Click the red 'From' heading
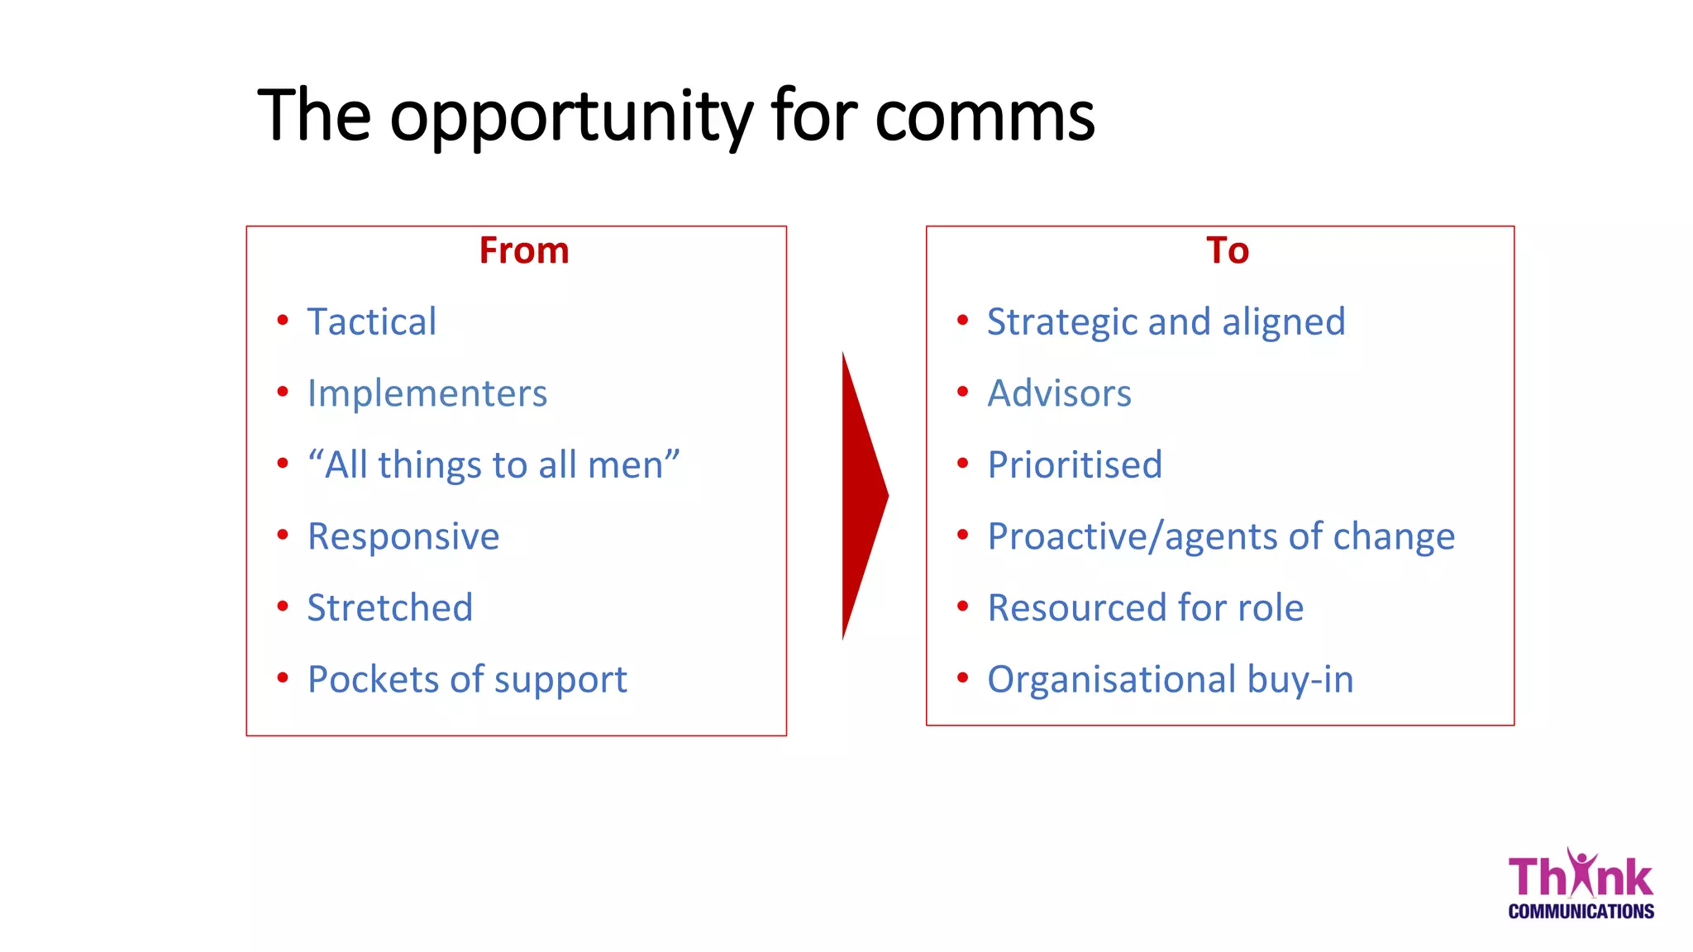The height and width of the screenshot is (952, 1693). [524, 250]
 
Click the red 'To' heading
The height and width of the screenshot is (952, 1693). [1228, 250]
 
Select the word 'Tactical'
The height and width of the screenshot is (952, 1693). [371, 321]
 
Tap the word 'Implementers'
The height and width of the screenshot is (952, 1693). [427, 393]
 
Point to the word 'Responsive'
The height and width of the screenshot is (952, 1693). [403, 536]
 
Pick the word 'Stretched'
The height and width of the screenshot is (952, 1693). [389, 607]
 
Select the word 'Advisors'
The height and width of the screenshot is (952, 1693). [1059, 393]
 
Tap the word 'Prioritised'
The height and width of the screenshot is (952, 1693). [1075, 464]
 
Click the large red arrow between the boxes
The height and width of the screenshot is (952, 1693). [862, 496]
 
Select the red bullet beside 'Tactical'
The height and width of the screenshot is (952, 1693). [283, 320]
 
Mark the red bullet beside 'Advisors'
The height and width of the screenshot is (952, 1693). [962, 392]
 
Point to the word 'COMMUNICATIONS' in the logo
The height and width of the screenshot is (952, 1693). [1581, 912]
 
